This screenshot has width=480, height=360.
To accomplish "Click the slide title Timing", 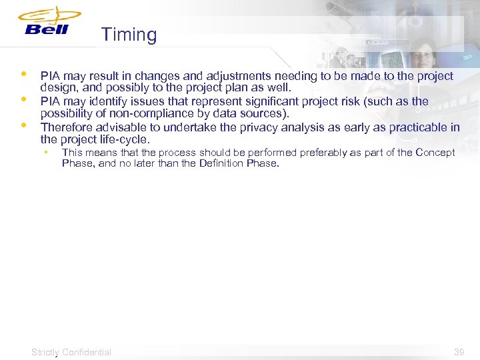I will [x=129, y=35].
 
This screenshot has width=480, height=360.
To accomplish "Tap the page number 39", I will [x=459, y=352].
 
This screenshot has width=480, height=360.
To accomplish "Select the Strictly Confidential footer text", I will [x=71, y=352].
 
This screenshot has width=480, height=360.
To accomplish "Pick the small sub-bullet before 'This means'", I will [x=46, y=152].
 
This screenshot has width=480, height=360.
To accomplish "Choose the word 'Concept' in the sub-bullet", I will [x=435, y=153].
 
